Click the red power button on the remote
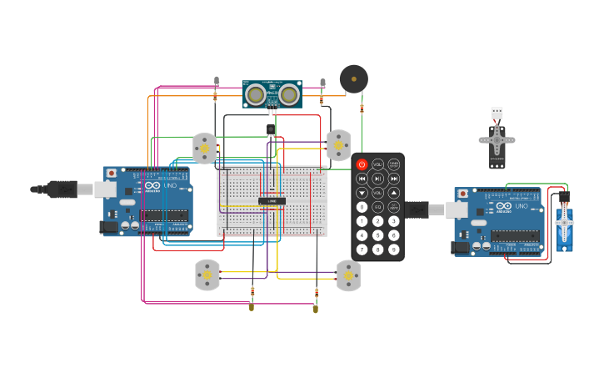[362, 164]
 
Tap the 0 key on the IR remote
[362, 207]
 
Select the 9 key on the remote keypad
[393, 249]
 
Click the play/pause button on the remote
[377, 179]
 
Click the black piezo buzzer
[353, 79]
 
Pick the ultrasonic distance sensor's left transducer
[255, 93]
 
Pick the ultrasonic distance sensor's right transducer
[289, 93]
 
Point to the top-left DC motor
[204, 148]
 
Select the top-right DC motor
[338, 144]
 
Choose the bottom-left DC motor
[207, 275]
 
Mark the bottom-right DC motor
[348, 275]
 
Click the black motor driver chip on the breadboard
[272, 201]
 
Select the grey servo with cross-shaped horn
[497, 142]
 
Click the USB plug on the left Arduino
[63, 189]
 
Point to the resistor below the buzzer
[362, 108]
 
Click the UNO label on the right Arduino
[521, 205]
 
